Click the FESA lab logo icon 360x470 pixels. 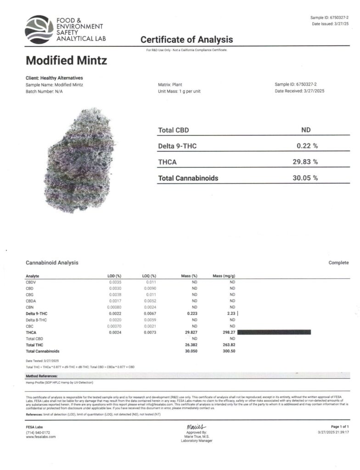(x=39, y=29)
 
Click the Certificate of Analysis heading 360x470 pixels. (x=186, y=40)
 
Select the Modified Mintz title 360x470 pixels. (x=67, y=60)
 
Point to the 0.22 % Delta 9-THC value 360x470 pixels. (x=307, y=146)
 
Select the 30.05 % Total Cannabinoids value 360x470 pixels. (x=305, y=178)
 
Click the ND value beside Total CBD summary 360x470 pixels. (x=306, y=130)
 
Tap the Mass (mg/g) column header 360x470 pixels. (x=224, y=276)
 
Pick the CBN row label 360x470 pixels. (x=30, y=307)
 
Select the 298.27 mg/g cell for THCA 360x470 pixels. (x=228, y=332)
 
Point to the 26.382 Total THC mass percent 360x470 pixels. (x=190, y=345)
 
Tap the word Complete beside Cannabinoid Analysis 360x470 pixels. (x=338, y=263)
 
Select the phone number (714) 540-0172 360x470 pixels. (x=38, y=432)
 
